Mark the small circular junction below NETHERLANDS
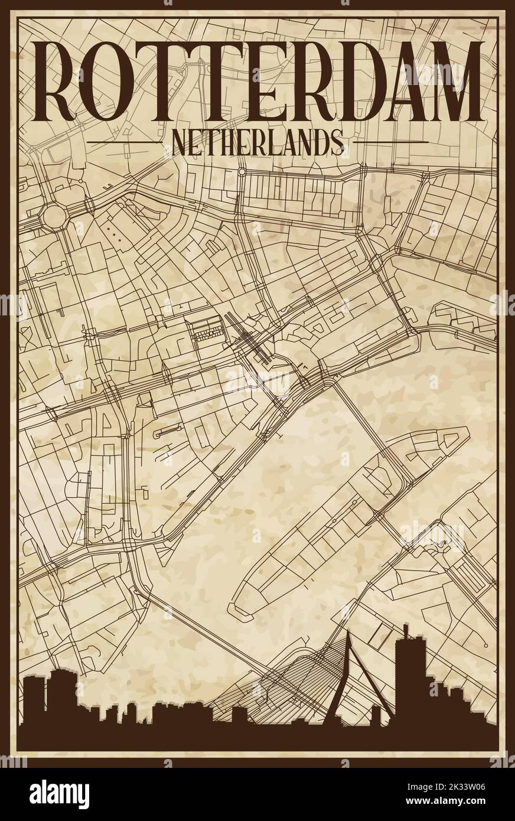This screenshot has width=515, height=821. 242,172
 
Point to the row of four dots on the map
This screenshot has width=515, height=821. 117,231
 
